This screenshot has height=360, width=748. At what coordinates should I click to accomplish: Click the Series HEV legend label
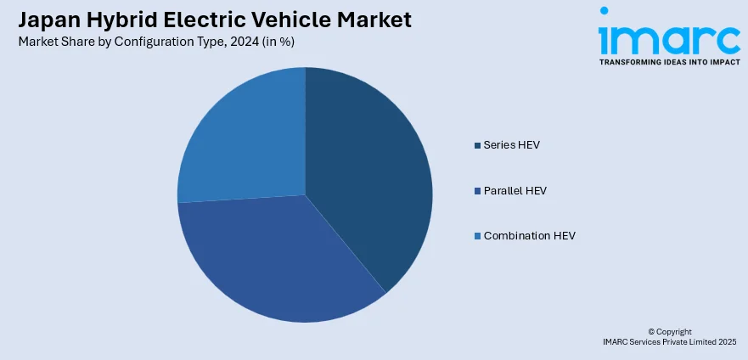point(511,145)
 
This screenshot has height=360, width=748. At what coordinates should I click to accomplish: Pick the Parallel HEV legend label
point(515,190)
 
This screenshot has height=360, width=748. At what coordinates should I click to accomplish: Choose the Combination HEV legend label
point(529,235)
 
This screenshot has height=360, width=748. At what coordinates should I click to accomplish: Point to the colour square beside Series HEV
point(477,145)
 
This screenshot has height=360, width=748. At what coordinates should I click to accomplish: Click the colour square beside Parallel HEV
point(477,190)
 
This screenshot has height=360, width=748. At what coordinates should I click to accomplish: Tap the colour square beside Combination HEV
point(477,235)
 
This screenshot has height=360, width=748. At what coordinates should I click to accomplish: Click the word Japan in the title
point(43,20)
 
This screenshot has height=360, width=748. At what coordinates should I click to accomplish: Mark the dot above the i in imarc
point(605,12)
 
